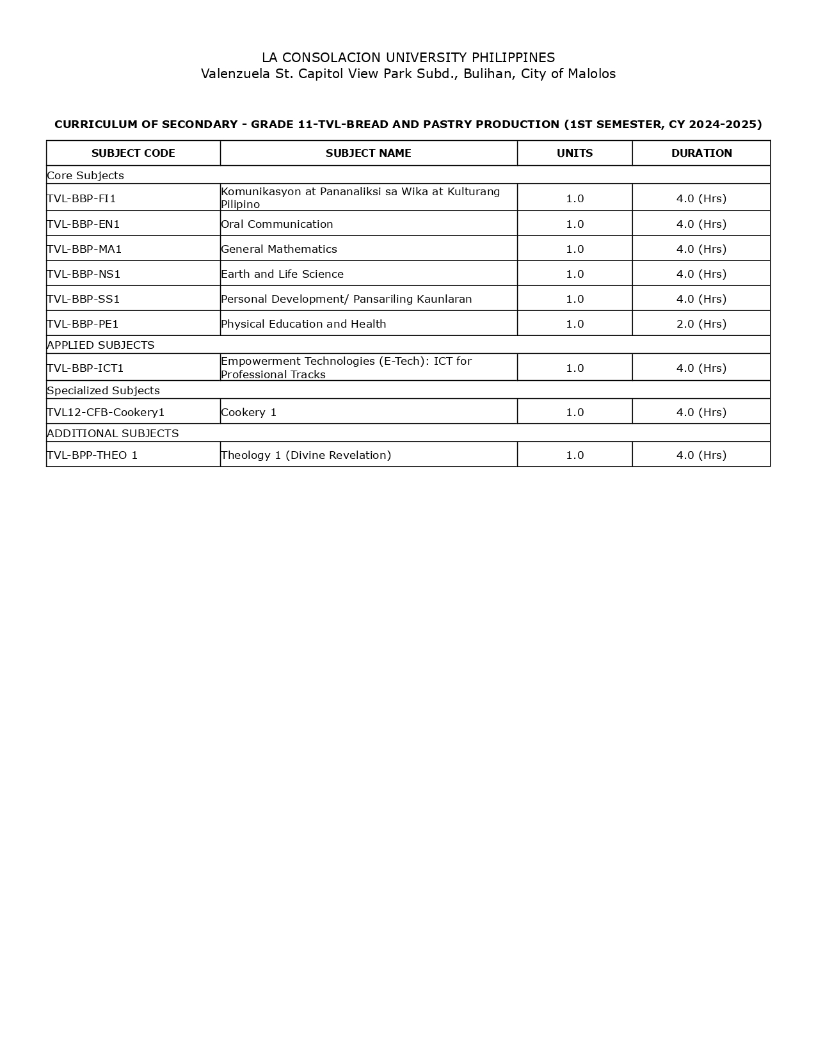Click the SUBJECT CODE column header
(x=133, y=154)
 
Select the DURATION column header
(x=701, y=154)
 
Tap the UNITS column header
(x=575, y=154)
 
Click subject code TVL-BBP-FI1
(x=81, y=198)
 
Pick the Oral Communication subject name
(x=277, y=224)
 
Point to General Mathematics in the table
(x=279, y=249)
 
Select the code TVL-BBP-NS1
(x=84, y=274)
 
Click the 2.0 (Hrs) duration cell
(x=701, y=324)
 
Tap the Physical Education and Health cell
(x=303, y=324)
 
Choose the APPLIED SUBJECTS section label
(x=100, y=345)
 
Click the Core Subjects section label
(x=85, y=175)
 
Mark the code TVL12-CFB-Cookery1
(x=106, y=412)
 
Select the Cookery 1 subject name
(x=249, y=412)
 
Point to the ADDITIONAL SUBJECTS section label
(x=113, y=433)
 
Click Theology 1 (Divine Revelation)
(x=306, y=455)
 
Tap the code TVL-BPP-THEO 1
(x=92, y=455)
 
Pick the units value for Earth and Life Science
(x=575, y=274)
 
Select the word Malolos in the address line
(x=592, y=74)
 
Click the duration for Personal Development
(x=701, y=299)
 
